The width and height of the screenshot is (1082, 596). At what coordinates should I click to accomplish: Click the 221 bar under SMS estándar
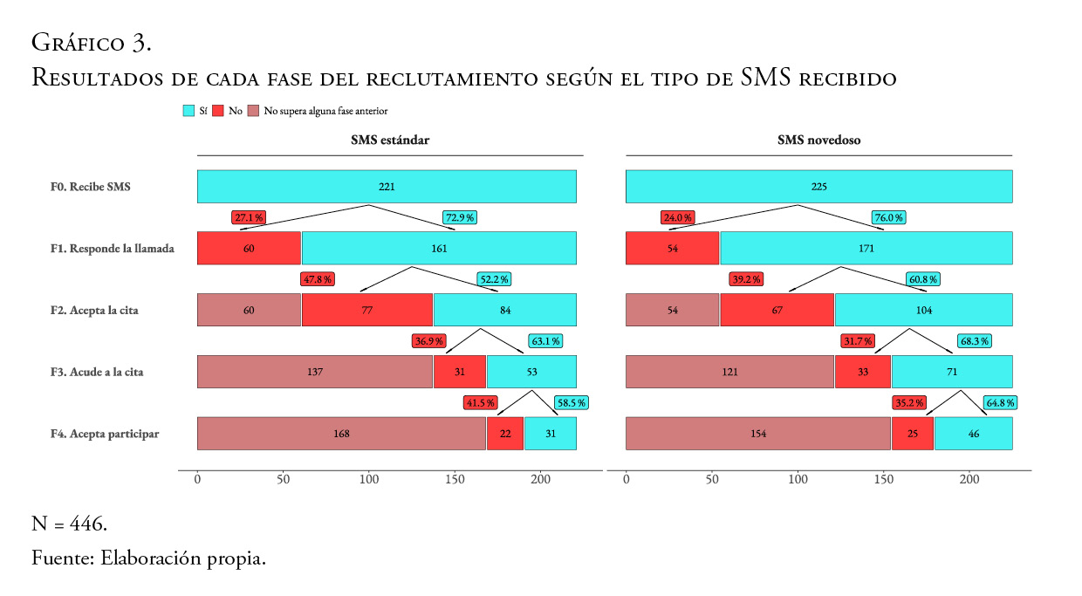[387, 187]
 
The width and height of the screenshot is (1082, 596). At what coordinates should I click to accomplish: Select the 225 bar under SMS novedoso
[818, 187]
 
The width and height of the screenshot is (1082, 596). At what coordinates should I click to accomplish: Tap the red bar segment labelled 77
[367, 310]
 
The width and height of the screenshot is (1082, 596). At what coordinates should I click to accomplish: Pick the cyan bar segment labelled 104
[923, 310]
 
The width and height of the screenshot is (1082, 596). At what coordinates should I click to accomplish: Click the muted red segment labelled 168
[341, 434]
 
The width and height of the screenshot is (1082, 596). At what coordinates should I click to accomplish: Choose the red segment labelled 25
[912, 434]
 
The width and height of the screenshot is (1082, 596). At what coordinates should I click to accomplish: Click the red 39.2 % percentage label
[746, 279]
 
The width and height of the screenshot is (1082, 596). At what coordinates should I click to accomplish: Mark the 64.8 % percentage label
[999, 403]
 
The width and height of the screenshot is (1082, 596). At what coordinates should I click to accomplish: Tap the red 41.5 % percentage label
[480, 403]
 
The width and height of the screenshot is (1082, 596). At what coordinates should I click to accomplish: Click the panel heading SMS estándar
[390, 140]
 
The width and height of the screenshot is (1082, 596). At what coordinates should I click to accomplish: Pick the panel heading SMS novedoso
[818, 140]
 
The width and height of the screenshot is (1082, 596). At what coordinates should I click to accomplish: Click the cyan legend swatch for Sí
[188, 111]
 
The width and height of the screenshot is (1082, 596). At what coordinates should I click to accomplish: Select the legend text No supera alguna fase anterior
[325, 111]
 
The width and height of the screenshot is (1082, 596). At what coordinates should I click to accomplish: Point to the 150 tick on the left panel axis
[455, 479]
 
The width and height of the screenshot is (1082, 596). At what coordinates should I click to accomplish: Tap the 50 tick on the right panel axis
[712, 479]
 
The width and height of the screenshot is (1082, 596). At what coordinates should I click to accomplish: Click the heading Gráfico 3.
[92, 42]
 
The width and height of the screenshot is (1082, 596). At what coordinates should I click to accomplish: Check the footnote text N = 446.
[70, 524]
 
